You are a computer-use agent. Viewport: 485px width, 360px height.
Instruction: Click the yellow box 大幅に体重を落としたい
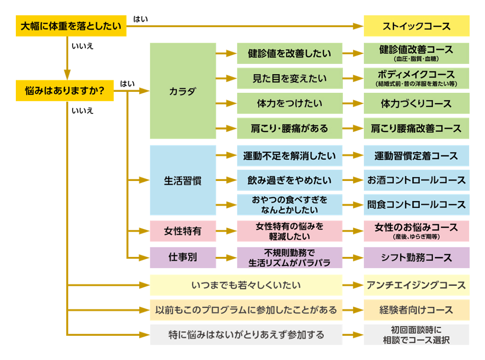point(71,27)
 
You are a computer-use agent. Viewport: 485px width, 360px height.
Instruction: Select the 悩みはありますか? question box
point(64,90)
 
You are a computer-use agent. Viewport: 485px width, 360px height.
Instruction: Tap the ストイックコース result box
point(416,26)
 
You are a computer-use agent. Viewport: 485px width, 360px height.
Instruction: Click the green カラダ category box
point(183,91)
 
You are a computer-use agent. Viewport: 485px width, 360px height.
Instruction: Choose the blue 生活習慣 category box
point(183,180)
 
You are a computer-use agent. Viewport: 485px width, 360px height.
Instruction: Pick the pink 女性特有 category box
point(183,231)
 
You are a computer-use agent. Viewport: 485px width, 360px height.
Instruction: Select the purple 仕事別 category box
point(183,257)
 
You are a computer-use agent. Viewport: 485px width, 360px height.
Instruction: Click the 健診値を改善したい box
point(289,54)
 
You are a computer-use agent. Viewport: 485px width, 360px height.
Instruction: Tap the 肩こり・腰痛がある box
point(289,128)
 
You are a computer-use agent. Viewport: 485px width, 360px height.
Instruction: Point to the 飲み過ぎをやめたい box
point(289,180)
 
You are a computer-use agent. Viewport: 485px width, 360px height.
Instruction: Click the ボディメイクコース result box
point(416,78)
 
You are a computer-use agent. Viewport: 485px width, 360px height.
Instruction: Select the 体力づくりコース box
point(416,104)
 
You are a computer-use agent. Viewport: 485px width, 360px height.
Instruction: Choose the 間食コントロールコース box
point(416,205)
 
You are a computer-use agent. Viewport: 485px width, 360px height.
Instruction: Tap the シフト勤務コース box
point(416,257)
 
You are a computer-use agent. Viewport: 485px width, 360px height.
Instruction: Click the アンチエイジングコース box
point(416,285)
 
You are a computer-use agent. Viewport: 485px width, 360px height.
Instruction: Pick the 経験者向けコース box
point(416,310)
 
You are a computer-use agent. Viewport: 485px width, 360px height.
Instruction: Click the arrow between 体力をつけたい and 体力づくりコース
point(353,104)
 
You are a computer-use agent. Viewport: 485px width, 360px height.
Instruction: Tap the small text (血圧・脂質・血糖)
point(416,60)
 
